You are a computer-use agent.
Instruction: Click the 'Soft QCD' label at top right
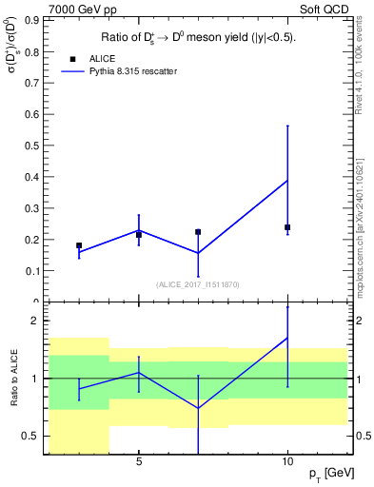(x=326, y=9)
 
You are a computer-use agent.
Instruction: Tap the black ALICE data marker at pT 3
(x=79, y=245)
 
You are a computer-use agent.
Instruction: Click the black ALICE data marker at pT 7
(x=198, y=232)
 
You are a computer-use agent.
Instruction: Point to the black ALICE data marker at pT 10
(x=287, y=227)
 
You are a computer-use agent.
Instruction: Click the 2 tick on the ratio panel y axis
(x=37, y=321)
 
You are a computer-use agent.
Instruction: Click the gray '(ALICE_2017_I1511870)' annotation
(x=198, y=283)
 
